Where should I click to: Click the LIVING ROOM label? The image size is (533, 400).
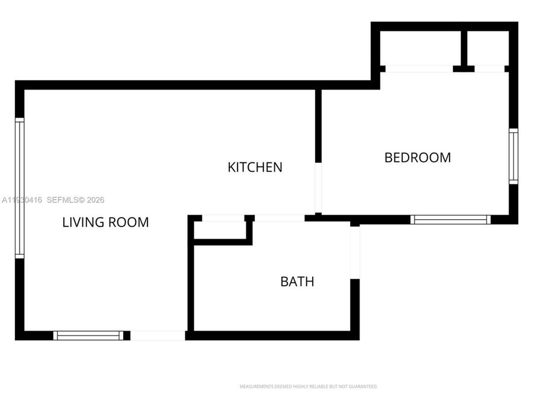(105, 222)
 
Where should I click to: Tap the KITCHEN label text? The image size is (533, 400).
(255, 167)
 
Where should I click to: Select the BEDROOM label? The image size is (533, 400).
(418, 157)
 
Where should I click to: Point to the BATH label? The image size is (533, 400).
(297, 281)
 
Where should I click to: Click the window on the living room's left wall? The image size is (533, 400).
(20, 188)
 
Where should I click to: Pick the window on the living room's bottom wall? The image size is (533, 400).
(88, 335)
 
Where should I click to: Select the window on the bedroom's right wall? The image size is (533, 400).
(513, 156)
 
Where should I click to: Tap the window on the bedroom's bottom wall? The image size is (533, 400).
(451, 219)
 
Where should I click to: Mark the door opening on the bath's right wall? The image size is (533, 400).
(355, 252)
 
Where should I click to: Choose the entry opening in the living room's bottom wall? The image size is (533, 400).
(158, 335)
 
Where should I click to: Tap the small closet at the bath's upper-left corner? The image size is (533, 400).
(220, 230)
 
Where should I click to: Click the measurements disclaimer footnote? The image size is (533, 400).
(308, 386)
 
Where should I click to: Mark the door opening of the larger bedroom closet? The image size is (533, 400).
(419, 69)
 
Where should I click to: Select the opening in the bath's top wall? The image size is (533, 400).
(279, 218)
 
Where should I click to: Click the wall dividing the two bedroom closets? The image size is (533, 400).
(464, 47)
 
